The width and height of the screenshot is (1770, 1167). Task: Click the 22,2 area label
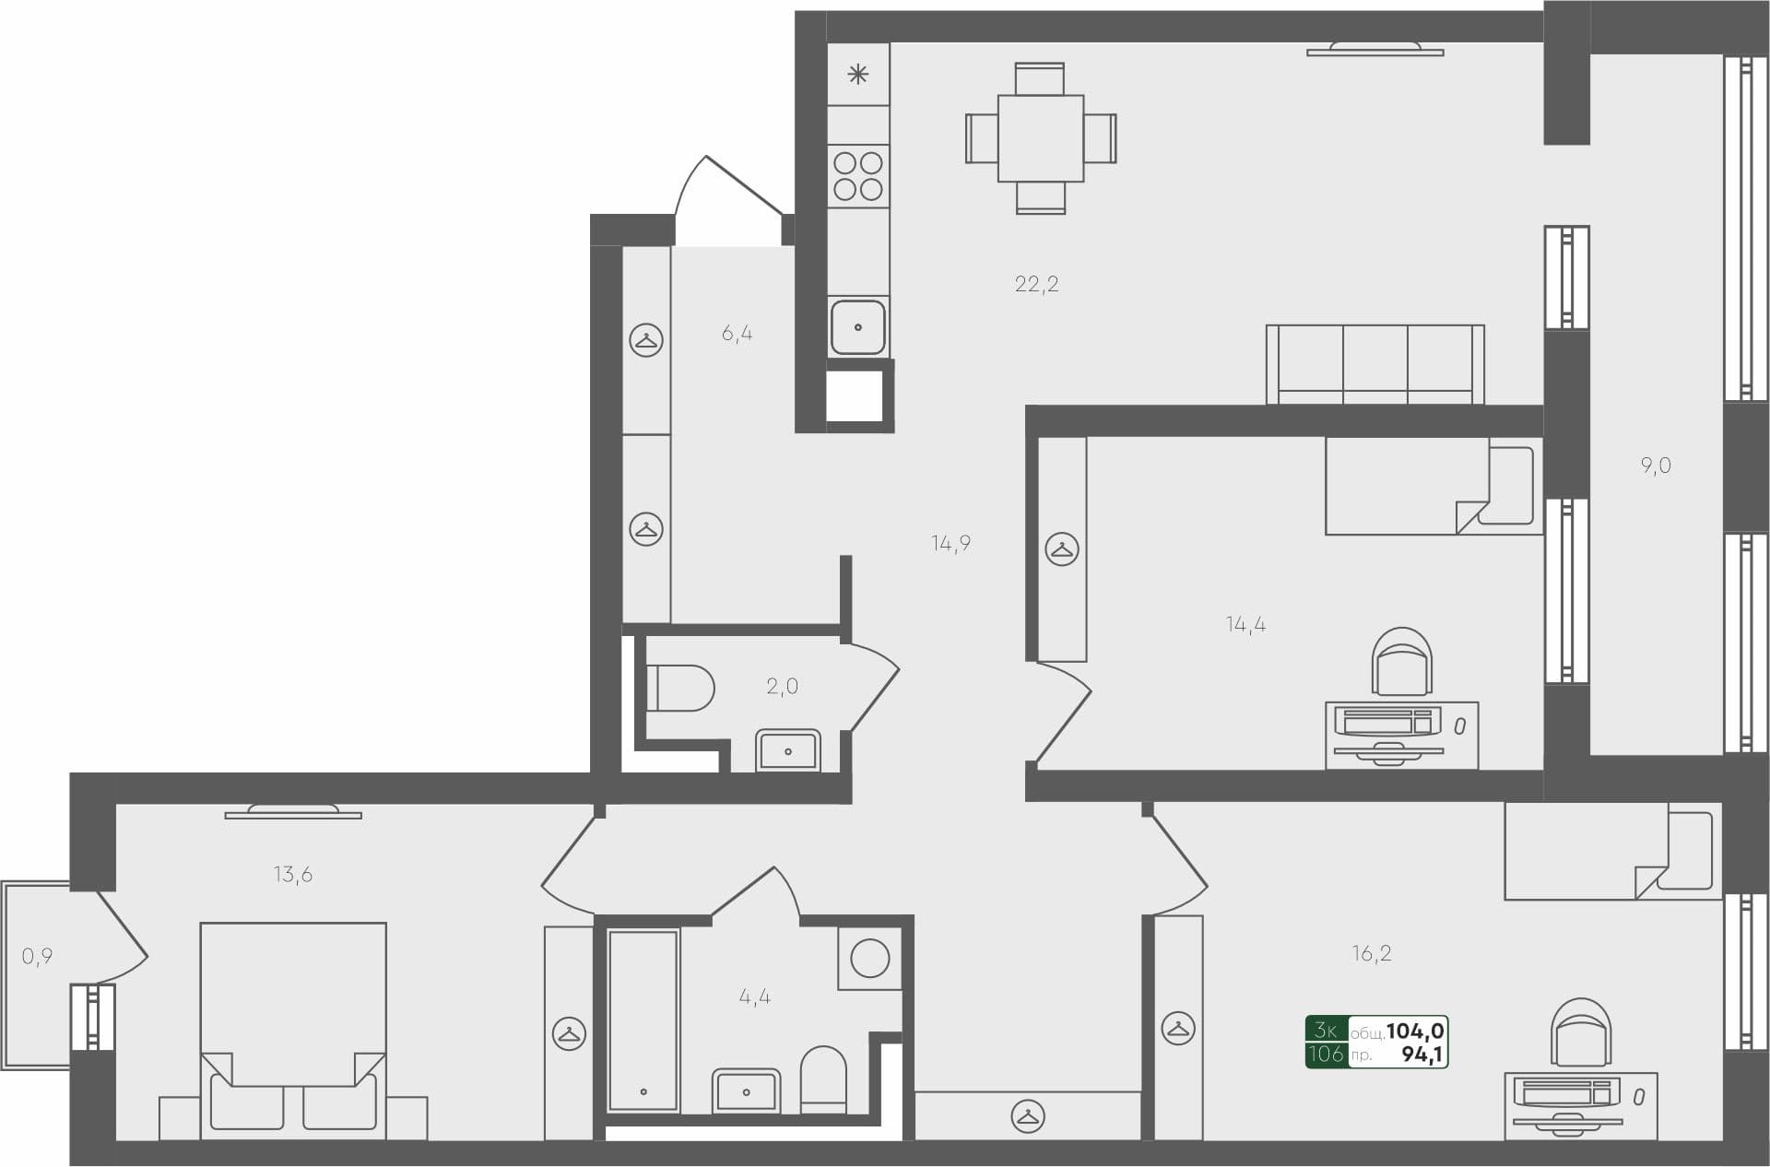[1036, 284]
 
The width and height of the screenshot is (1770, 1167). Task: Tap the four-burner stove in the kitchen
[858, 176]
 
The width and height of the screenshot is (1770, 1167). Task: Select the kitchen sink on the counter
[858, 326]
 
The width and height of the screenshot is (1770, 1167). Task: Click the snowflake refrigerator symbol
[858, 75]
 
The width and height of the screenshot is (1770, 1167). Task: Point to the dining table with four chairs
[1041, 138]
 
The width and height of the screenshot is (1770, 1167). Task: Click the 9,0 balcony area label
[1656, 466]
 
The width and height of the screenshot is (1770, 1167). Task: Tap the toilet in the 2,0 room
[679, 688]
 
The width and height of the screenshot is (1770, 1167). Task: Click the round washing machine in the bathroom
[869, 959]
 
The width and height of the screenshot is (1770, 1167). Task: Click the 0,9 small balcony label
[37, 957]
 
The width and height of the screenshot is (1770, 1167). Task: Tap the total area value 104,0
[1415, 1031]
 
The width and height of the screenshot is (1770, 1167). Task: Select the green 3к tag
[1327, 1030]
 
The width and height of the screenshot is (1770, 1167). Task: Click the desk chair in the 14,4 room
[1401, 662]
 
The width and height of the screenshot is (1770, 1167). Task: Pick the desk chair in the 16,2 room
[1581, 1032]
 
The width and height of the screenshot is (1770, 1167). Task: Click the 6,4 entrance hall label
[737, 333]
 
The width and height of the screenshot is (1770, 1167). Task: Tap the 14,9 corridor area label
[950, 543]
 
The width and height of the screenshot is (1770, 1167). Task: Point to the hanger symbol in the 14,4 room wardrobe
[1062, 549]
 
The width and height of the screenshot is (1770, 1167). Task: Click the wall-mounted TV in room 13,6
[293, 812]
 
